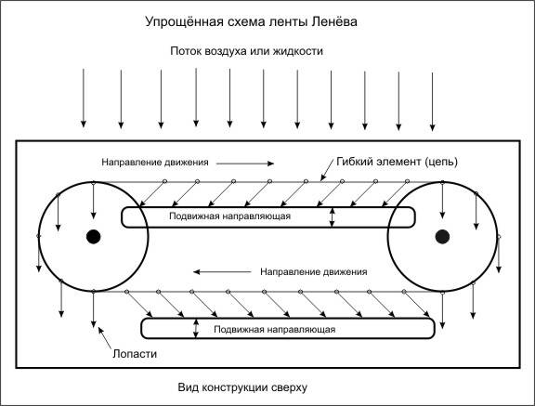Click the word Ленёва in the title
tap(334, 21)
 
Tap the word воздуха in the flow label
tap(226, 51)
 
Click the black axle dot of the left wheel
tap(93, 236)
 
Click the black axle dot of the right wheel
tap(442, 236)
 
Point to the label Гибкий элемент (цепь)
tap(397, 162)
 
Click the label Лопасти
tap(135, 354)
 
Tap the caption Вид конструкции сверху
tap(242, 387)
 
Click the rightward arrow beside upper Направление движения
tap(245, 164)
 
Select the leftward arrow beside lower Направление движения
tap(222, 272)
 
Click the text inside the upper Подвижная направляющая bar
tap(229, 216)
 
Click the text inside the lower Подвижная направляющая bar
tap(274, 330)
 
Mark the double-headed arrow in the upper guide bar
tap(333, 217)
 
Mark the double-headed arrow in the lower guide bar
tap(195, 329)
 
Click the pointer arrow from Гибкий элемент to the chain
tap(327, 170)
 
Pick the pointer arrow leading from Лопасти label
tap(105, 338)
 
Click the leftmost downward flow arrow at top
tap(84, 98)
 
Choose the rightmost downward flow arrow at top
tap(432, 101)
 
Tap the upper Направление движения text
tap(155, 162)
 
